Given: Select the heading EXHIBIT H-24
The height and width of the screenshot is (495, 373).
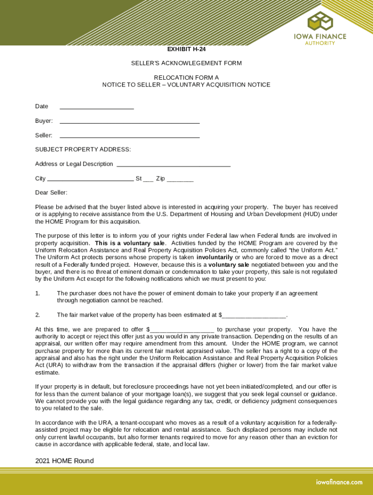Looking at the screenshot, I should [x=186, y=49].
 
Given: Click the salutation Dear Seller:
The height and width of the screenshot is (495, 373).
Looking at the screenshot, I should [x=51, y=193].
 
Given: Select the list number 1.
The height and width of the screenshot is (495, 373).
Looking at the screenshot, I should [x=37, y=293].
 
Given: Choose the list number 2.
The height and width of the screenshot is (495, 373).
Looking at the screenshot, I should [x=37, y=315].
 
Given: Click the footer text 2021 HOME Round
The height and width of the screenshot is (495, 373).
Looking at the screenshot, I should [x=64, y=461].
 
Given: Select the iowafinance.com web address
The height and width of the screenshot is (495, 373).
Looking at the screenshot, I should [x=339, y=482].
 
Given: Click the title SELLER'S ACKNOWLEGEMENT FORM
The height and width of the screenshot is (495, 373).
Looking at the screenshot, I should [x=186, y=63].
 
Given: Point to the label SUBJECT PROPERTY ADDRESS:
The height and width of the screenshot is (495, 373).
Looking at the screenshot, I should [x=83, y=149].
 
